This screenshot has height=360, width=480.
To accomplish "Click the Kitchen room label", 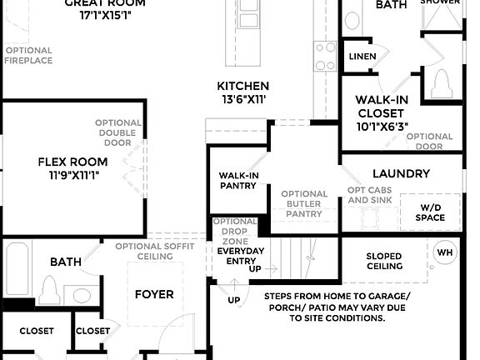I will click(x=242, y=86).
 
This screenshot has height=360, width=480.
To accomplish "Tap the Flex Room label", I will click(x=72, y=162).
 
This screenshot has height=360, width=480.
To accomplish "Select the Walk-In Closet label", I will click(x=382, y=107).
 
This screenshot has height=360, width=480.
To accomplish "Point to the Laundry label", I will click(x=401, y=174).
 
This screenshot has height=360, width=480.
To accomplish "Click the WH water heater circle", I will click(x=445, y=252).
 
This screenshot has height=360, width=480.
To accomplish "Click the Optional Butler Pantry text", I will click(x=302, y=204).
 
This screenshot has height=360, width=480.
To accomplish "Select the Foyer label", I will click(x=154, y=294).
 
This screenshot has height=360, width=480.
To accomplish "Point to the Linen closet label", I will click(x=362, y=57).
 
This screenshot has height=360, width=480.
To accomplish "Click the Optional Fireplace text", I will click(x=28, y=55).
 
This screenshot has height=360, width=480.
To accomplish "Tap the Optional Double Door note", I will click(x=117, y=132).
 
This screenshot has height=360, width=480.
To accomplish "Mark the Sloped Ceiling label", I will click(x=383, y=262).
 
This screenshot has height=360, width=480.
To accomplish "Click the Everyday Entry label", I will click(x=240, y=256).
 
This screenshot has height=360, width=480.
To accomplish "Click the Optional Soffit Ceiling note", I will click(x=156, y=251).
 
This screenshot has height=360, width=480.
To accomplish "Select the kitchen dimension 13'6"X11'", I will click(x=242, y=100).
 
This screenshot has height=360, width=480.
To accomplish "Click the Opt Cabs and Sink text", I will click(x=367, y=195).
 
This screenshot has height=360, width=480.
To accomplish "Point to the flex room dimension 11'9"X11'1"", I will click(x=72, y=176).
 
